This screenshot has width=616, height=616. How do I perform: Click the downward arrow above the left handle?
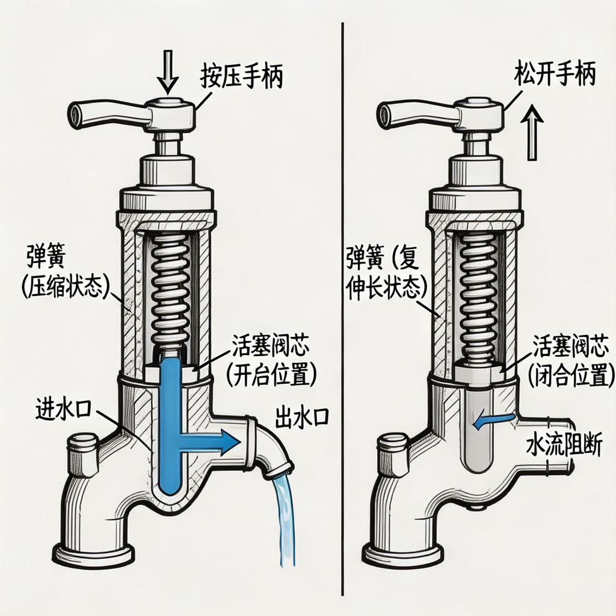168,72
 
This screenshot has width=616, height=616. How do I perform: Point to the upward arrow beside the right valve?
532,132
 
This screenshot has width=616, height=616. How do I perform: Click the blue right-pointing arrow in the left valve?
208,442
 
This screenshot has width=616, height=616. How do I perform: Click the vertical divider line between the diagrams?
343,309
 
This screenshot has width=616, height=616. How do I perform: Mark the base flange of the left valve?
93,557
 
